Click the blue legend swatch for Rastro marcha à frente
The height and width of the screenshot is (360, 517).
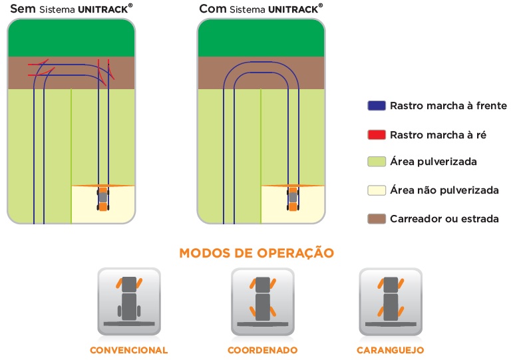[x=376, y=106]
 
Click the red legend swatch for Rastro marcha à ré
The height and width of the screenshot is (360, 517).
[x=376, y=134]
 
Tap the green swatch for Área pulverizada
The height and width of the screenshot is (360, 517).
[x=376, y=162]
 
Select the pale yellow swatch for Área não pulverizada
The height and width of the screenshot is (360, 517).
[x=376, y=190]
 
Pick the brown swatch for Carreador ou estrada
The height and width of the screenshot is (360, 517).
[x=376, y=218]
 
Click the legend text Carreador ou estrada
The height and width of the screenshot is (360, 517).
[x=444, y=218]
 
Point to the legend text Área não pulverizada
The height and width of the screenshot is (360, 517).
[x=444, y=190]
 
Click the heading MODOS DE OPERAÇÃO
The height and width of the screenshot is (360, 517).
[x=256, y=253]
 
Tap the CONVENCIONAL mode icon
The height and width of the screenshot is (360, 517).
[x=128, y=301]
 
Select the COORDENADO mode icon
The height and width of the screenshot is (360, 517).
[x=262, y=301]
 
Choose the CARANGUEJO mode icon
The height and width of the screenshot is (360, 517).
[x=391, y=301]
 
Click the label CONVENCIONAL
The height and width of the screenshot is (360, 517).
[x=128, y=350]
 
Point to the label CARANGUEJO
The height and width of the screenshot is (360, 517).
[x=391, y=350]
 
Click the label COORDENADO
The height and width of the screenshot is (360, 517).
[x=262, y=350]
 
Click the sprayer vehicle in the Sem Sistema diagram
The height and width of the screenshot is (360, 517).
[x=102, y=198]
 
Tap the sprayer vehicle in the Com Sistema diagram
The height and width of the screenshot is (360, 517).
[x=293, y=198]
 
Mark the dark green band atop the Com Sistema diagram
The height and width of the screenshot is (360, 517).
[x=261, y=39]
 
